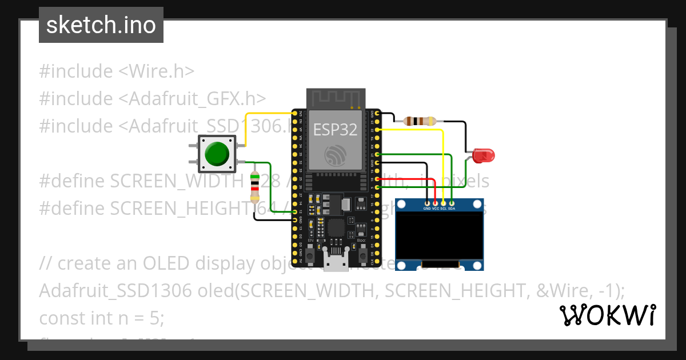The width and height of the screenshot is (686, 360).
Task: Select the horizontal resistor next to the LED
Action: point(420,121)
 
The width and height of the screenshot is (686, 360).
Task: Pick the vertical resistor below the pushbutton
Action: point(255,187)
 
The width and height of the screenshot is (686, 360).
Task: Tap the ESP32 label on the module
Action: point(335,130)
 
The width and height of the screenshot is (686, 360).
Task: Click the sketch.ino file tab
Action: point(101,25)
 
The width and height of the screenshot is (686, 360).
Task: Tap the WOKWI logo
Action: point(607,315)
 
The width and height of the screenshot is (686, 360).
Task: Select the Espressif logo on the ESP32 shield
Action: point(335,155)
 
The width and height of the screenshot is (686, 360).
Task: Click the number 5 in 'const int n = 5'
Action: point(158,318)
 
